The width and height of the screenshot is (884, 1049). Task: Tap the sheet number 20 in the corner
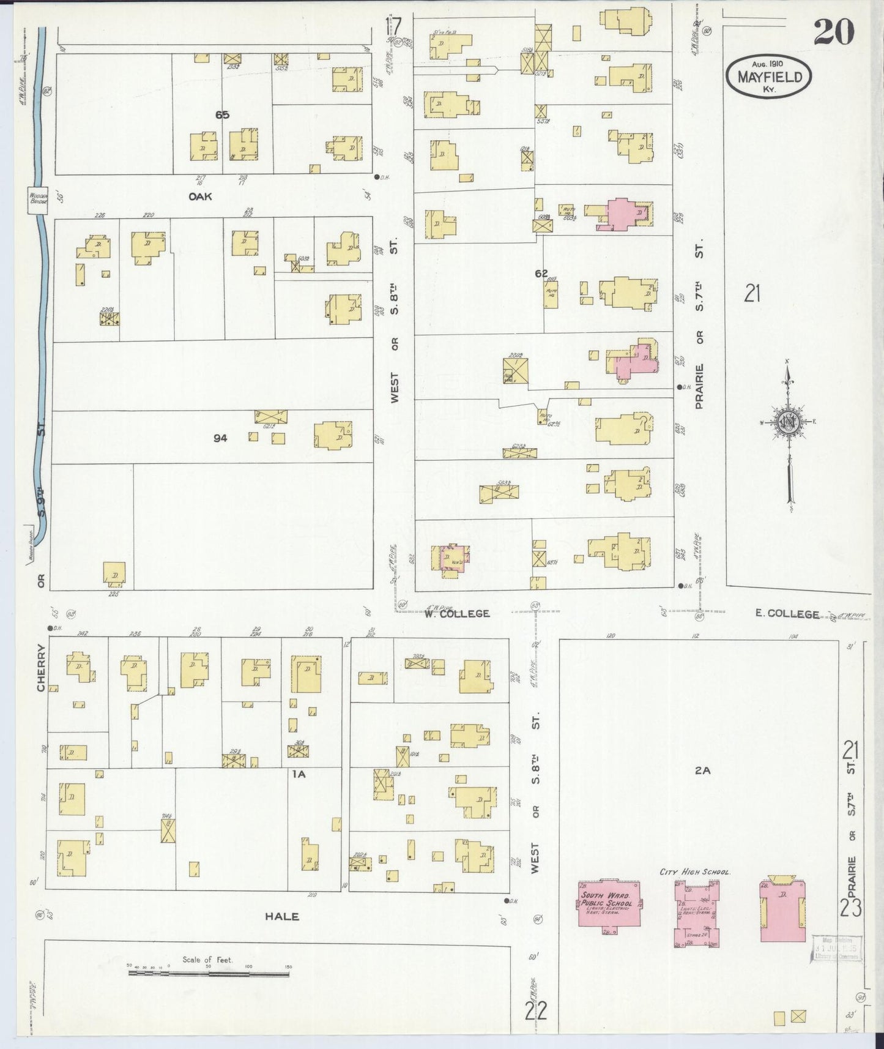pyautogui.click(x=833, y=32)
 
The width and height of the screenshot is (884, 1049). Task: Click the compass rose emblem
pyautogui.click(x=787, y=422)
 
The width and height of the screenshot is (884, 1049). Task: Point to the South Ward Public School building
pyautogui.click(x=610, y=905)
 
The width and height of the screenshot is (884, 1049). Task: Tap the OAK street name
pyautogui.click(x=199, y=196)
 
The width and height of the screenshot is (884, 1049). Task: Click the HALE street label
pyautogui.click(x=282, y=916)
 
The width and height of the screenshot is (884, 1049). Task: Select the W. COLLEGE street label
pyautogui.click(x=458, y=613)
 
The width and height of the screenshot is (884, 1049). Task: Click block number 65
pyautogui.click(x=221, y=114)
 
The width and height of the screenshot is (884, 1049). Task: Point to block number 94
pyautogui.click(x=220, y=438)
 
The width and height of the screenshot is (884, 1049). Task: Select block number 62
pyautogui.click(x=541, y=274)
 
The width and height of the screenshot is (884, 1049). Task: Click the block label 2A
pyautogui.click(x=702, y=771)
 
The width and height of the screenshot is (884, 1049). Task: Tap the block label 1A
pyautogui.click(x=298, y=774)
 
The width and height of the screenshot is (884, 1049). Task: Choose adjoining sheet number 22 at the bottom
pyautogui.click(x=535, y=1011)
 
